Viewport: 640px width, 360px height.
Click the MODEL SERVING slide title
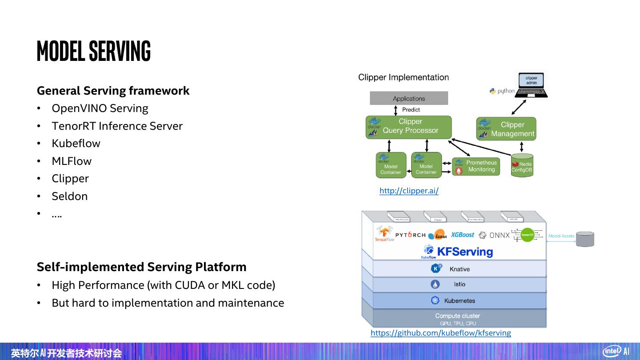tap(94, 51)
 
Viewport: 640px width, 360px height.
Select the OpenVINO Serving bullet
tap(100, 108)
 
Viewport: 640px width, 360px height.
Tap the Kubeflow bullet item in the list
tap(76, 144)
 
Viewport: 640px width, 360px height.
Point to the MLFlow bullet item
tap(72, 161)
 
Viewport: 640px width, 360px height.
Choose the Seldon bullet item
tap(69, 196)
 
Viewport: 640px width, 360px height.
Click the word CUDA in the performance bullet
tap(190, 285)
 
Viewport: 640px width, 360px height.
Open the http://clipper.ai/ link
tap(409, 191)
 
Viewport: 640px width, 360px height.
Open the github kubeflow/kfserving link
tap(440, 333)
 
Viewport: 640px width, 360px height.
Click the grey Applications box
tap(409, 98)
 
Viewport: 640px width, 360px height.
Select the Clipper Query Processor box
tap(409, 127)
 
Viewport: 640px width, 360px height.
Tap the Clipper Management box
tap(506, 129)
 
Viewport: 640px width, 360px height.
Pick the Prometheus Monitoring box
tap(476, 166)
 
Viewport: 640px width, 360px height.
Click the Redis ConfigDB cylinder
tap(522, 166)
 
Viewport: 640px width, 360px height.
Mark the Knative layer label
tap(459, 269)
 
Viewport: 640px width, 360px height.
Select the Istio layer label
tap(459, 284)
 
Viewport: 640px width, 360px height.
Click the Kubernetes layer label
tap(459, 301)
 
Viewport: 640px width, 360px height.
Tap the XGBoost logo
tap(463, 235)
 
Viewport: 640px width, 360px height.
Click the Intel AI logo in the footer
tap(616, 351)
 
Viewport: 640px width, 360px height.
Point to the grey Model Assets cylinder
tap(585, 239)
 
